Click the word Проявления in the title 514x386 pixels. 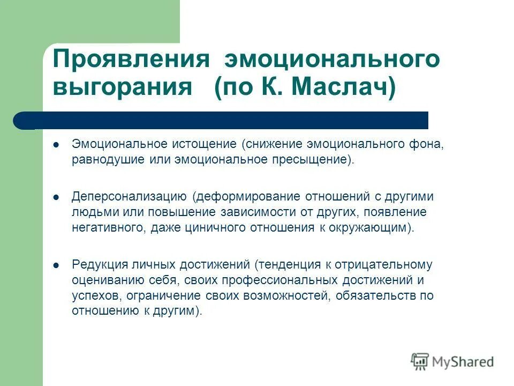point(130,58)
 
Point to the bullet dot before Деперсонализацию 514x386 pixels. point(57,197)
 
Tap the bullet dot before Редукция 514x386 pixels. point(57,264)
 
